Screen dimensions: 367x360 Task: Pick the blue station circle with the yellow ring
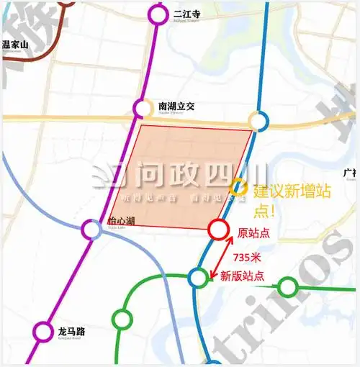(x=258, y=120)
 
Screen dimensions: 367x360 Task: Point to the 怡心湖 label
(x=121, y=222)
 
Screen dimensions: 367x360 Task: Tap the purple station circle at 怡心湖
(x=91, y=230)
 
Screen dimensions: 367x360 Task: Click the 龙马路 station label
(x=71, y=332)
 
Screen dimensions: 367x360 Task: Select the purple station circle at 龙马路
(x=43, y=332)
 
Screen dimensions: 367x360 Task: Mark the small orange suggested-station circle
(x=237, y=189)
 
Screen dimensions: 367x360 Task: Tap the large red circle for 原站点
(x=218, y=230)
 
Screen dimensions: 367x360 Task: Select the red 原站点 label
(x=253, y=233)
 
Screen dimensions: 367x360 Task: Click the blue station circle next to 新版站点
(x=197, y=277)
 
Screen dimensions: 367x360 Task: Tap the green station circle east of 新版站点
(x=288, y=287)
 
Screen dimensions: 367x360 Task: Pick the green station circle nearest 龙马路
(x=122, y=318)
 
